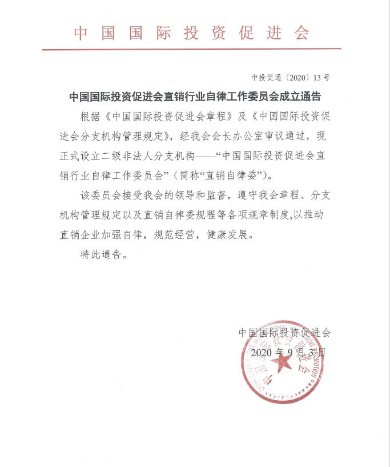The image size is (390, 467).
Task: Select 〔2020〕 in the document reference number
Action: click(297, 77)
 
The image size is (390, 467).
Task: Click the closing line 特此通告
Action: click(103, 254)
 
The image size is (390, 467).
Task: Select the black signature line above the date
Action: click(284, 332)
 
